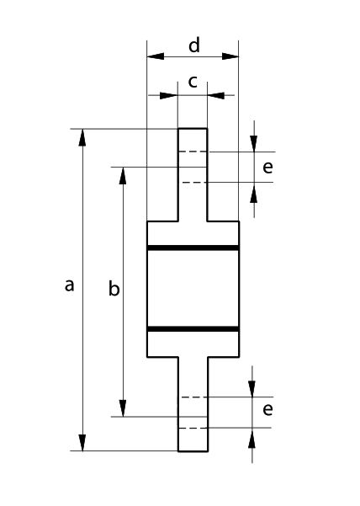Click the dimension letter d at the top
coord(194,45)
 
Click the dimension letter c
coord(193,82)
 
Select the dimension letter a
coord(69,285)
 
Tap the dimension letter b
coord(114,288)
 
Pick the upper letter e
coord(267,168)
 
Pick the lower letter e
coord(267,409)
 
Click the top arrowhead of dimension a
coord(82,137)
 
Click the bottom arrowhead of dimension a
coord(82,442)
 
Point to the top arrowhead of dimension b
coord(123,176)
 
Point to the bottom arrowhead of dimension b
coord(123,408)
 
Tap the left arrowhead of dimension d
coord(156,56)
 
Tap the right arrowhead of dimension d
coord(230,56)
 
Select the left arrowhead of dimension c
coord(169,95)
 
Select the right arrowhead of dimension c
coord(216,95)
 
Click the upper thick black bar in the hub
coord(193,248)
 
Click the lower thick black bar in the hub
coord(193,329)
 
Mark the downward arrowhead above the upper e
coord(254,144)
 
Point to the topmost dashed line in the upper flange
coord(193,152)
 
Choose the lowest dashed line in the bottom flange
coord(193,429)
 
